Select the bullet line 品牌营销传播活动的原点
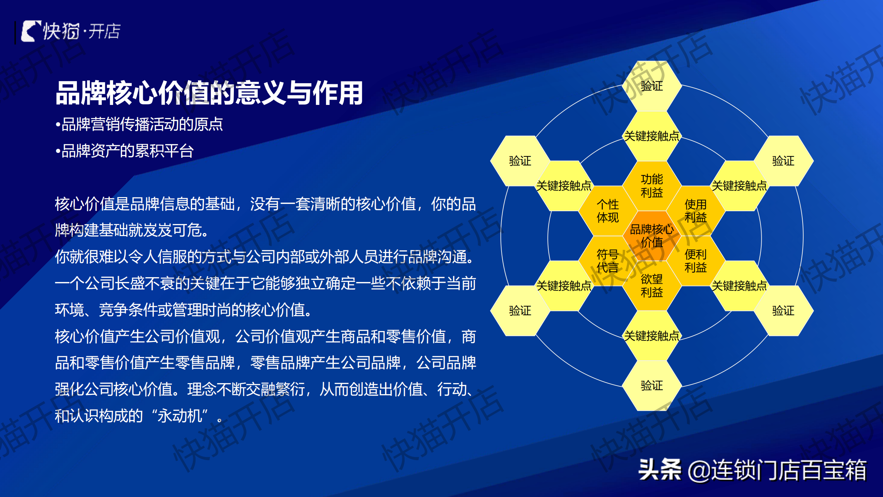point(139,124)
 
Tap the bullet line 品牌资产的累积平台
point(125,151)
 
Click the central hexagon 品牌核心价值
point(652,236)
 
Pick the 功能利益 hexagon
point(652,186)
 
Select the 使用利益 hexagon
point(695,211)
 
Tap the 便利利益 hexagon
point(695,261)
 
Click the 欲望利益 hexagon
point(652,286)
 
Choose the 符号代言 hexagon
point(608,261)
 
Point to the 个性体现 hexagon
point(608,211)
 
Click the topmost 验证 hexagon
point(652,86)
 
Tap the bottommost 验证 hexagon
point(652,386)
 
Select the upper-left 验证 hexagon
point(520,161)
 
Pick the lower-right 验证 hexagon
point(783,311)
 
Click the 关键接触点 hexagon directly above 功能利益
point(652,136)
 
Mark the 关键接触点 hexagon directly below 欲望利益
point(652,335)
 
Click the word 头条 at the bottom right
point(660,470)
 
